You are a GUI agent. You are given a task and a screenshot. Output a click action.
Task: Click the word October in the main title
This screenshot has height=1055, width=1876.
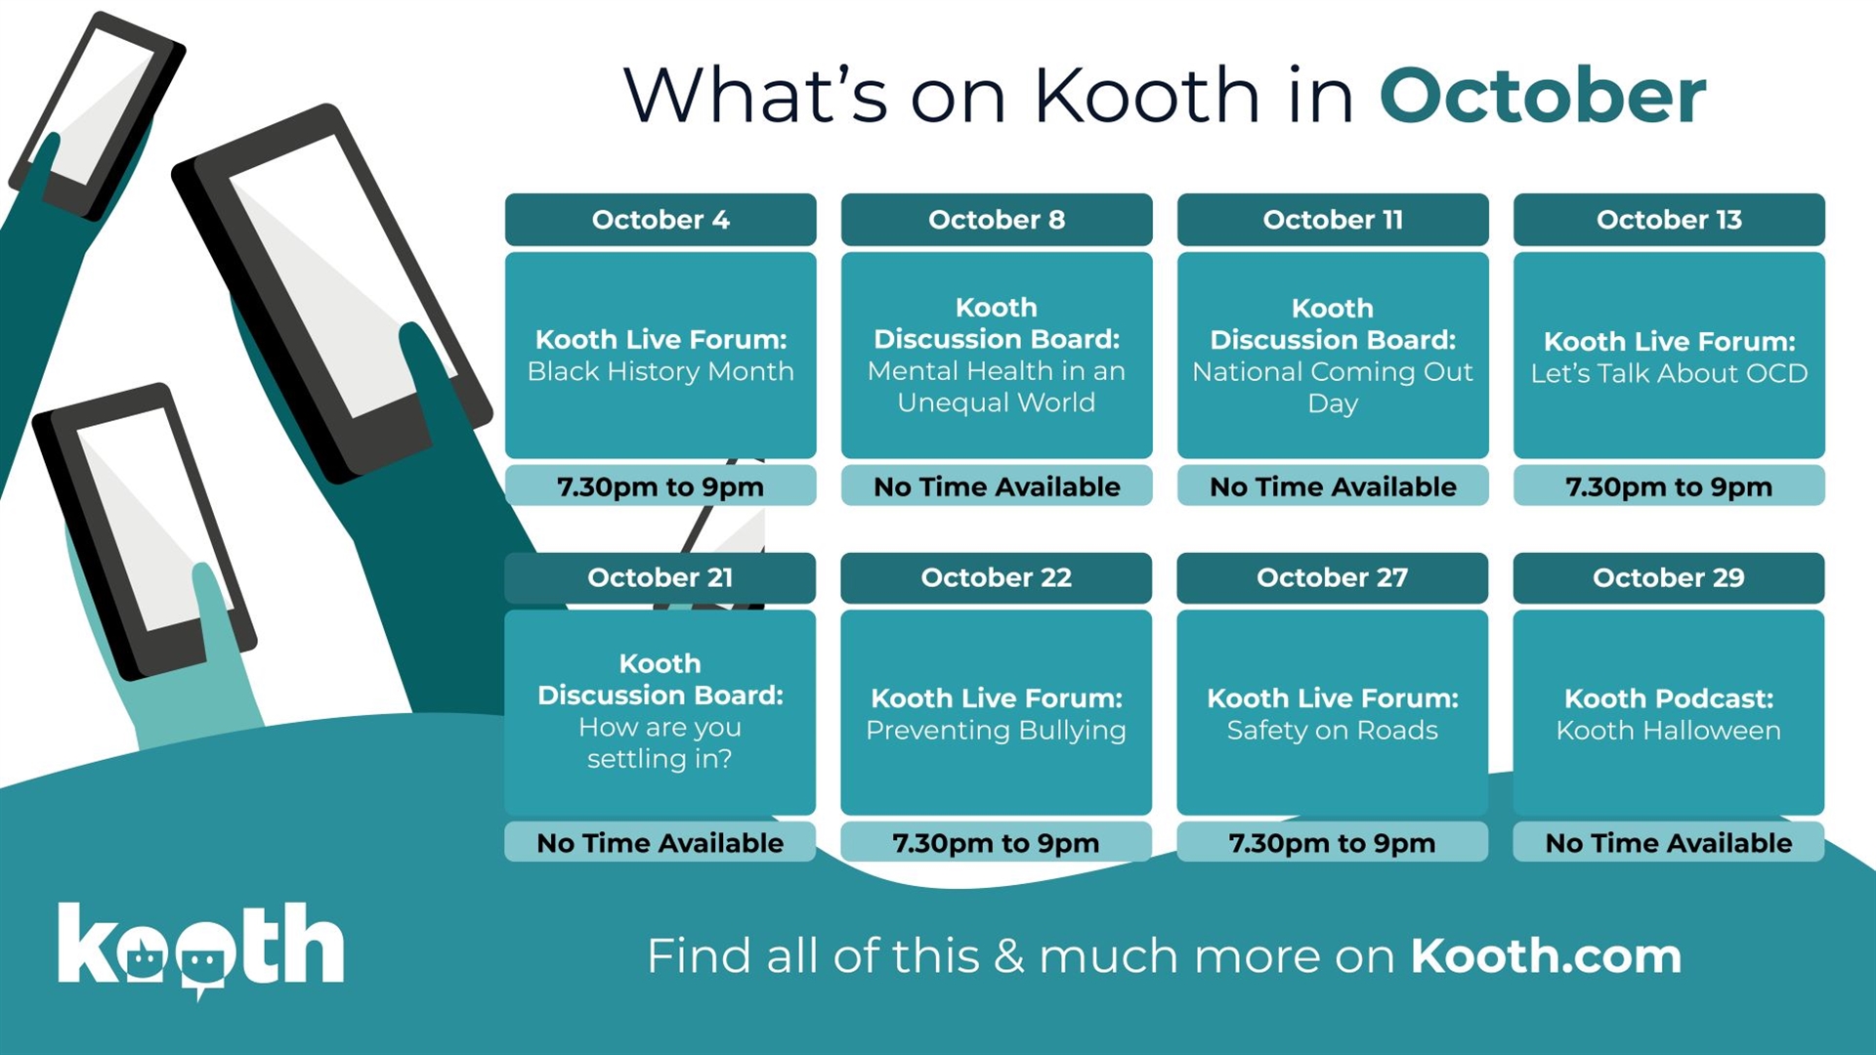point(1542,96)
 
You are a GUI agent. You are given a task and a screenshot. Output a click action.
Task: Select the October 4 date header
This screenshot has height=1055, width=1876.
point(661,220)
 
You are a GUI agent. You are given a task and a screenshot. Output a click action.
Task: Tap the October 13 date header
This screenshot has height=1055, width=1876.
point(1669,220)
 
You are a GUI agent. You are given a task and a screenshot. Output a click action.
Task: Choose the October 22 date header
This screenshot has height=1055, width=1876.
point(996,577)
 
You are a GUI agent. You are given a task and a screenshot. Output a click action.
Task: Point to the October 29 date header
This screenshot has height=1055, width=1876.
point(1669,577)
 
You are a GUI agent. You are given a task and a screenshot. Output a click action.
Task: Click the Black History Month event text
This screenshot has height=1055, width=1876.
point(661,371)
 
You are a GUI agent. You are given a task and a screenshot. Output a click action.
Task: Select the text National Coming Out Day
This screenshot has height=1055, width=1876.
point(1333,387)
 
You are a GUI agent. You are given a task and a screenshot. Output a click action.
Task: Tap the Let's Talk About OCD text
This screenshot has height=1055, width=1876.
point(1669,373)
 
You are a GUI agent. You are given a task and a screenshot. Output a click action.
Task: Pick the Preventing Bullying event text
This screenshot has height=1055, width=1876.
point(996,731)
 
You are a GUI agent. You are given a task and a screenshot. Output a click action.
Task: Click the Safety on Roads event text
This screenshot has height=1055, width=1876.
point(1333,730)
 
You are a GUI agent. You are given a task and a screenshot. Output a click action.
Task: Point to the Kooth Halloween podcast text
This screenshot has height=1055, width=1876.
point(1669,730)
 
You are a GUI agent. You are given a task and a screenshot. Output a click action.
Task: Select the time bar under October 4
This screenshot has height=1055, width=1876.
point(661,485)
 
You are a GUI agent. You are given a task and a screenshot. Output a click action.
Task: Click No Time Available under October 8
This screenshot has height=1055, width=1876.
point(997,486)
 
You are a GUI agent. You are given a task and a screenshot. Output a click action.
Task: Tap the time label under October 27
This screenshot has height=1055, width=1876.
point(1333,843)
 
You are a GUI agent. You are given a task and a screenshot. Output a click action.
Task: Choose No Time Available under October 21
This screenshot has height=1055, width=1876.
point(661,843)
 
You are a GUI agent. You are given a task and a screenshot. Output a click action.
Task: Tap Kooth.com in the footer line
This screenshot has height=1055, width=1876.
point(1546,955)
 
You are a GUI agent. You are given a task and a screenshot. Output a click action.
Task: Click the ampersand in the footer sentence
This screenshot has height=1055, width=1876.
point(1009,955)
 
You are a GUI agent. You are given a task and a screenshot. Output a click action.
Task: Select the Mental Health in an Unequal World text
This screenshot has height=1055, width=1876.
point(997,387)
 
